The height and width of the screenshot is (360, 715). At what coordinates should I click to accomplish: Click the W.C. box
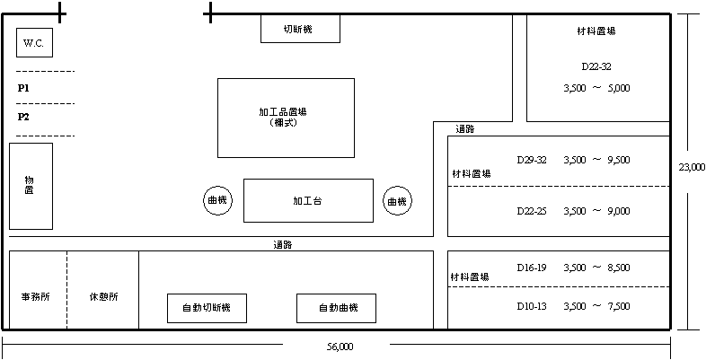point(34,42)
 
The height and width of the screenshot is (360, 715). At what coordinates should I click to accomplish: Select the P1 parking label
point(24,88)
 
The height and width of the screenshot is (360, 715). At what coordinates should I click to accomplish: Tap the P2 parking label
point(24,117)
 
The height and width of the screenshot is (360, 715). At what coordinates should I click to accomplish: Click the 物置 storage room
point(31,186)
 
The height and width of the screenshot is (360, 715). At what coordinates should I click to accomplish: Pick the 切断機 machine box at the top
point(300,29)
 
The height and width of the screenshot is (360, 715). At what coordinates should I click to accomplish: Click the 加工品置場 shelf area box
point(286,118)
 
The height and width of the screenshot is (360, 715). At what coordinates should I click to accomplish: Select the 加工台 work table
point(308,200)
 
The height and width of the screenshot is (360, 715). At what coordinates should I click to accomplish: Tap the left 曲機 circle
point(217,201)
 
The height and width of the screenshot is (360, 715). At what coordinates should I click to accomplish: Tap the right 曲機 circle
point(396,201)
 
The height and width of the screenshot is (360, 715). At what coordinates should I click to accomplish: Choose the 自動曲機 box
point(336,308)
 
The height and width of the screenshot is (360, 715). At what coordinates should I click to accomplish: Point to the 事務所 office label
point(35,296)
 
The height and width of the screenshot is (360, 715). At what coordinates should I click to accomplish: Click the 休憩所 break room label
point(102,296)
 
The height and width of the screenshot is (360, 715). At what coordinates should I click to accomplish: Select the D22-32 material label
point(596,66)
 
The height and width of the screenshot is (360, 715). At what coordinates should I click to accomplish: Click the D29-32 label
point(532,160)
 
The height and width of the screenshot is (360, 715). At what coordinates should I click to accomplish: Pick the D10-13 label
point(532,306)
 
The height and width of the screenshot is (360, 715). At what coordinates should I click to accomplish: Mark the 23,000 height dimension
point(693,166)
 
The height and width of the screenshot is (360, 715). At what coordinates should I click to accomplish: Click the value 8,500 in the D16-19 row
point(618,268)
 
